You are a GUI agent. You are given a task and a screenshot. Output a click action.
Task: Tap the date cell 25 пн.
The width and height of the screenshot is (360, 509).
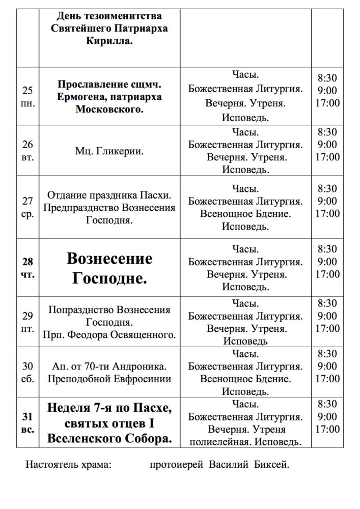pyautogui.click(x=27, y=97)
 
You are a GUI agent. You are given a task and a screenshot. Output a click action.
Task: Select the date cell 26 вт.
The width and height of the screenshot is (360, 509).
pyautogui.click(x=27, y=151)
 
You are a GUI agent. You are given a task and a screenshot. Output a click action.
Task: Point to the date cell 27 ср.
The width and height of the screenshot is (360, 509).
pyautogui.click(x=27, y=208)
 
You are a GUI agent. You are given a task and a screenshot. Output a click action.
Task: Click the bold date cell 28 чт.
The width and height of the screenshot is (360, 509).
pyautogui.click(x=27, y=268)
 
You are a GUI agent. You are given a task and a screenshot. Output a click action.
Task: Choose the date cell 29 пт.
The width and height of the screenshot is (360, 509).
pyautogui.click(x=27, y=322)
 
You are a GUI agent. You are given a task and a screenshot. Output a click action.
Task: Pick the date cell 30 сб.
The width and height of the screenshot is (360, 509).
pyautogui.click(x=27, y=372)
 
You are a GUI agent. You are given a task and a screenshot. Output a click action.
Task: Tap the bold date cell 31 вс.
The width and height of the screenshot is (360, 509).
pyautogui.click(x=27, y=422)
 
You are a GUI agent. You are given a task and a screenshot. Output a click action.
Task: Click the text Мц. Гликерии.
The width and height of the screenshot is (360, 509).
pyautogui.click(x=109, y=151)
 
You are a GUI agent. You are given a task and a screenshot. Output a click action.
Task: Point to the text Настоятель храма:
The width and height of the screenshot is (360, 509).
pyautogui.click(x=68, y=465)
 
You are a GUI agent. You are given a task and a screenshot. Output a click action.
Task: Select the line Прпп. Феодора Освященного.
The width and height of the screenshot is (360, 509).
pyautogui.click(x=109, y=335)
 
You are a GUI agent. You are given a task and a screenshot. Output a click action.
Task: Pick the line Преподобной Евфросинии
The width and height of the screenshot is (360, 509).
pyautogui.click(x=109, y=379)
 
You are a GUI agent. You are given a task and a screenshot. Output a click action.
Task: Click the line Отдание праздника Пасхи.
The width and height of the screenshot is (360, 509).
pyautogui.click(x=109, y=195)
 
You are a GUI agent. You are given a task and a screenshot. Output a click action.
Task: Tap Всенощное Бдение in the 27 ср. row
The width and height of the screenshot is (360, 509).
pyautogui.click(x=245, y=214)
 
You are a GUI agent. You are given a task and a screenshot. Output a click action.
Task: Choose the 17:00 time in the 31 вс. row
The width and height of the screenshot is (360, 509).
pyautogui.click(x=327, y=429)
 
